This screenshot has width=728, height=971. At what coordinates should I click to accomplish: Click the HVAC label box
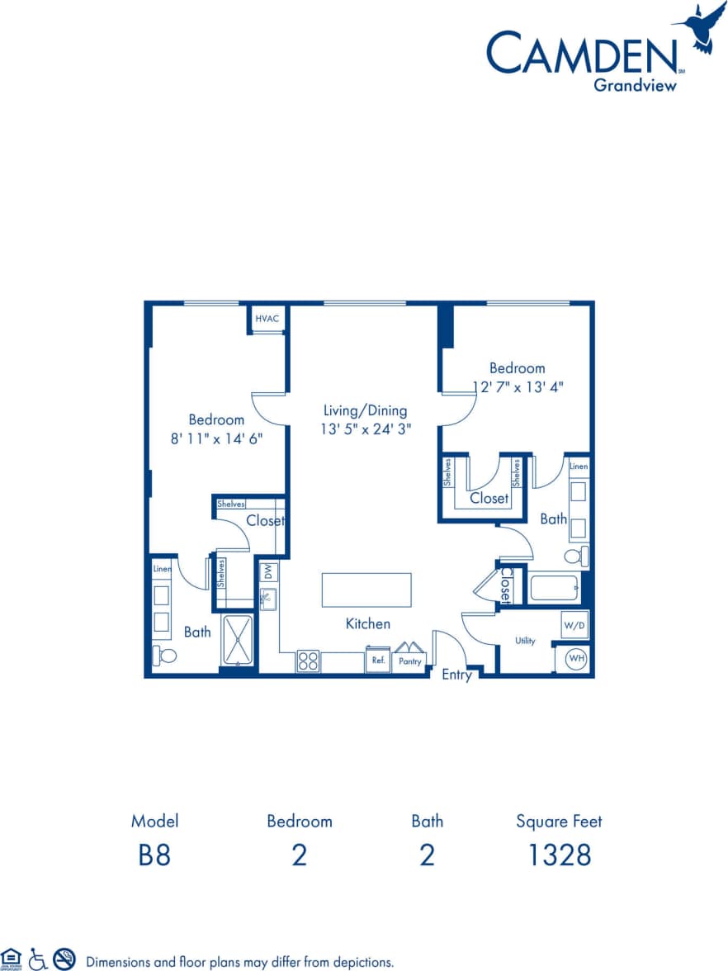pos(267,319)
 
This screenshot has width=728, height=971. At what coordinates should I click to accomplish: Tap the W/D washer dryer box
pos(574,626)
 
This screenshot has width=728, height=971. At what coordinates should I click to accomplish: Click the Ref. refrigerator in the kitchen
pos(378,661)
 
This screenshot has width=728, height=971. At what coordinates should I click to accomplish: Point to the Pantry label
pos(409,661)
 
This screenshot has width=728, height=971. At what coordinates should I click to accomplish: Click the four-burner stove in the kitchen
pos(308,661)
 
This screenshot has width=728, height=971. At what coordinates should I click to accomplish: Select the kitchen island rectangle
pos(366,590)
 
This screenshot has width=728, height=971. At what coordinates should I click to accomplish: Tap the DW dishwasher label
pos(268,571)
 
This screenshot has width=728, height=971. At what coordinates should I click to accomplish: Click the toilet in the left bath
pos(166,656)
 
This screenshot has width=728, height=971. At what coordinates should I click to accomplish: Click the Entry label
pos(456,675)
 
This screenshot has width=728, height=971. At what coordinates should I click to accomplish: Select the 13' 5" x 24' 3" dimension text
pos(366,429)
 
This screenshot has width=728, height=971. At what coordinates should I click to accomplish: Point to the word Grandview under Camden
pos(635,83)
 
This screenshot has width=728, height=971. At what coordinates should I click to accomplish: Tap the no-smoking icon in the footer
pos(64,959)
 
